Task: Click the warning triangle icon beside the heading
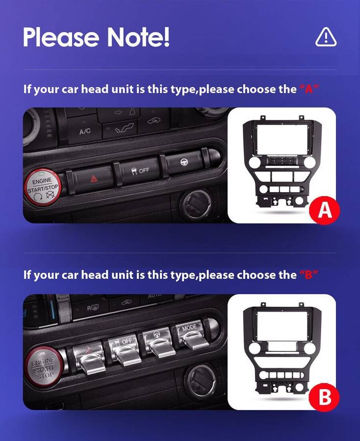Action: pos(326,37)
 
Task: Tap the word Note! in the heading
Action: pos(138,37)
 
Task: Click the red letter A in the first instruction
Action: pos(309,89)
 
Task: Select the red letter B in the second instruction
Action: pos(309,275)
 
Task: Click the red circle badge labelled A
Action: pos(325,211)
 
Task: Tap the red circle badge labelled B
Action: pos(324,397)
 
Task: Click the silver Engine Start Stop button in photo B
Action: pos(43,367)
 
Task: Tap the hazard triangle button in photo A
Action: pos(94,179)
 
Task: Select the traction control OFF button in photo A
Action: pos(140,171)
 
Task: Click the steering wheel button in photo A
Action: pos(184,162)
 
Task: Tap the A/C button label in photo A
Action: pos(84,131)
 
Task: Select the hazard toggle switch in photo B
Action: pos(89,358)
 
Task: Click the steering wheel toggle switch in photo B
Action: pos(158,343)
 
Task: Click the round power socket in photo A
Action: pos(196,204)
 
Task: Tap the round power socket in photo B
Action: pos(201,382)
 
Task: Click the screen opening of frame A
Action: pos(282,140)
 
